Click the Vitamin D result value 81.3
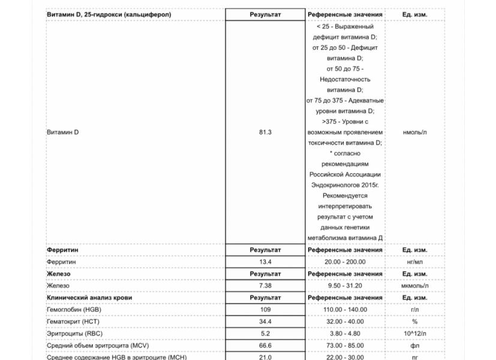tap(265, 132)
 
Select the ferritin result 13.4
tap(265, 262)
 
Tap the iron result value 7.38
tap(265, 286)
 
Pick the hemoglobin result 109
tap(265, 310)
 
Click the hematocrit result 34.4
tap(265, 322)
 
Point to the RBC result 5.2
tap(265, 334)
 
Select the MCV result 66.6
tap(265, 346)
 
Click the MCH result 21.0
tap(265, 358)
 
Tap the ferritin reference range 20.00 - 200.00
tap(345, 262)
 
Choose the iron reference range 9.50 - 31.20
tap(345, 286)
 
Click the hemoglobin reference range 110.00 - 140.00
tap(345, 310)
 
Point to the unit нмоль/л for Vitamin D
tap(414, 132)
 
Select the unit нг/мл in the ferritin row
tap(414, 262)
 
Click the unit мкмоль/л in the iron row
tap(414, 286)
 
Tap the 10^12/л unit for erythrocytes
tap(414, 334)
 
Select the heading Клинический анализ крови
tap(89, 298)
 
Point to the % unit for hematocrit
tap(414, 322)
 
